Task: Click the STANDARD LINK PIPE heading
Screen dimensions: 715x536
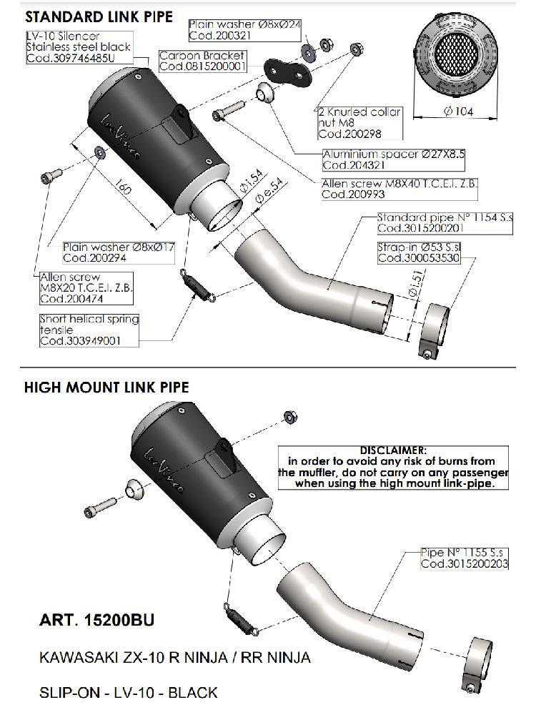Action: [99, 16]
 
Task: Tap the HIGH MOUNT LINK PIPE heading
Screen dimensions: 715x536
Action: [106, 388]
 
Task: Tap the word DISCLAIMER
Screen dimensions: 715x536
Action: [392, 450]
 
